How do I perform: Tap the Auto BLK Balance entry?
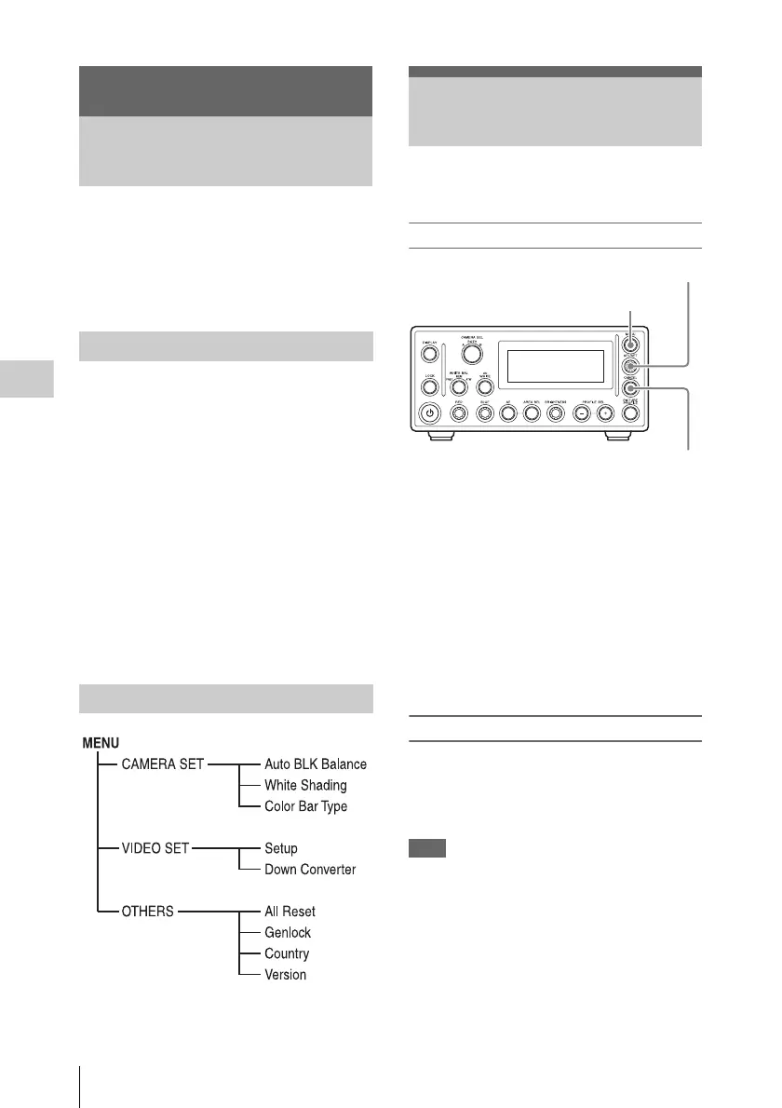(316, 764)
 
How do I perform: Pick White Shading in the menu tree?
(305, 785)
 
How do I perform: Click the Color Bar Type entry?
(305, 806)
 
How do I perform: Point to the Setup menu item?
(281, 849)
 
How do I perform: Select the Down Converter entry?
(310, 870)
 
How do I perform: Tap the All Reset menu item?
(290, 912)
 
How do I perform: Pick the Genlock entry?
(288, 932)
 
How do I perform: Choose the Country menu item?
(287, 953)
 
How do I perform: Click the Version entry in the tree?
(285, 975)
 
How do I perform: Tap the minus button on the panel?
(580, 412)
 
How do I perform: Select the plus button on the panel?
(605, 412)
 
